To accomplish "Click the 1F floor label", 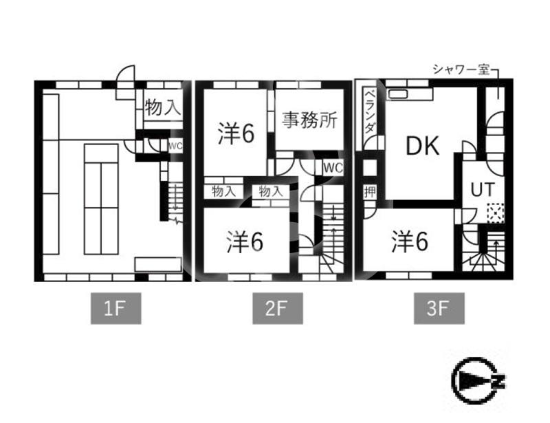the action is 116,308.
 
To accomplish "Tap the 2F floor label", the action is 278,308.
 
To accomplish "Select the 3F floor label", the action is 439,308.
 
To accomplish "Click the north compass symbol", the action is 478,380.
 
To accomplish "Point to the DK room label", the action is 423,146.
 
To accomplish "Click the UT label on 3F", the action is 483,190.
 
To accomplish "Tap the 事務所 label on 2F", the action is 309,120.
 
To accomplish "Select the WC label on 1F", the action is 175,146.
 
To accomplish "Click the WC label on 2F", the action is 333,168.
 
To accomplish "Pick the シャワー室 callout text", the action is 461,69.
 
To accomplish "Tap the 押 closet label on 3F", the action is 370,192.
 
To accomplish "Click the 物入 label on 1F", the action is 162,107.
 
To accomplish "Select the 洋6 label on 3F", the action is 410,241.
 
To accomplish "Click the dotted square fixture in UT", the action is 495,213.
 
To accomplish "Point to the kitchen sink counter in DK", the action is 409,94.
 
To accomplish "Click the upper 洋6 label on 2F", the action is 236,133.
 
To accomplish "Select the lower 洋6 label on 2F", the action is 245,241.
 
